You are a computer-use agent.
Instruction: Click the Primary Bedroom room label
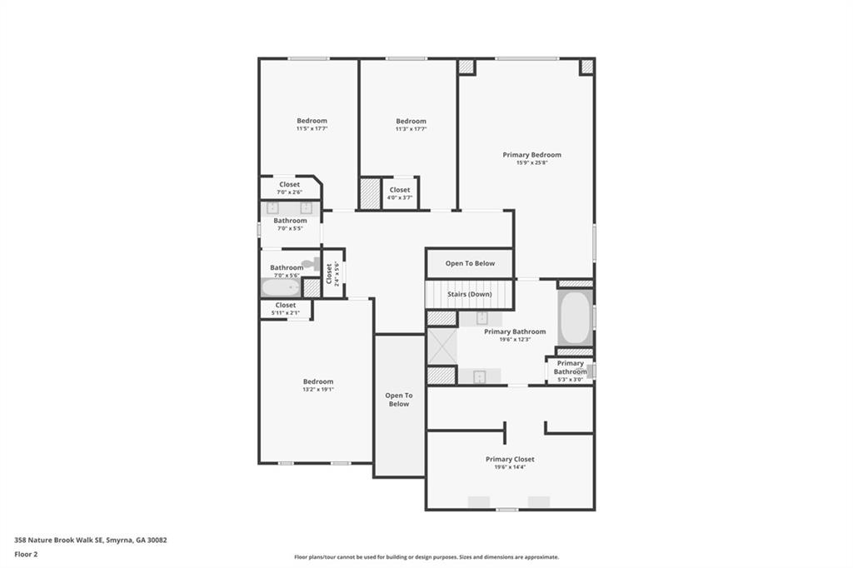tap(531, 154)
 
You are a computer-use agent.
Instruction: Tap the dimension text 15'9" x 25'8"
tap(531, 162)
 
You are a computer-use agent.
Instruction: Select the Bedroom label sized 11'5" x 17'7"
tap(312, 121)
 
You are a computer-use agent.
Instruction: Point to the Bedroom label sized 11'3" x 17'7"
tap(411, 121)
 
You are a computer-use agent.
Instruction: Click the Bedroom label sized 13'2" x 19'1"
tap(317, 381)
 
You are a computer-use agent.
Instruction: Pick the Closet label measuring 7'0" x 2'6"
tap(289, 185)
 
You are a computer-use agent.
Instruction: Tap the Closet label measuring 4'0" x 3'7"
tap(400, 190)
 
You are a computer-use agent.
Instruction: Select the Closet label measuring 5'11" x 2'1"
tap(285, 306)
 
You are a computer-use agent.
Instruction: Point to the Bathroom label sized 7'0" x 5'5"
tap(290, 221)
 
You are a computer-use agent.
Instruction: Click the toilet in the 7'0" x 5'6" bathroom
tap(311, 263)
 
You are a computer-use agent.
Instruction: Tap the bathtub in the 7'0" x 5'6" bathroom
tap(281, 288)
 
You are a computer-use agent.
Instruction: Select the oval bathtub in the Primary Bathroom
tap(575, 316)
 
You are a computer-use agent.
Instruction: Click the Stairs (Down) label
tap(470, 294)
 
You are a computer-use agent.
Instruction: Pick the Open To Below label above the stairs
tap(470, 263)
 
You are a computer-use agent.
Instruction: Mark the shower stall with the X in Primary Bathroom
tap(441, 346)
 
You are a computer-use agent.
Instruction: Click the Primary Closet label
tap(510, 459)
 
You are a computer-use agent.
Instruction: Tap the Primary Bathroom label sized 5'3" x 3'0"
tap(571, 367)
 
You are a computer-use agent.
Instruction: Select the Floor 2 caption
tap(26, 554)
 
